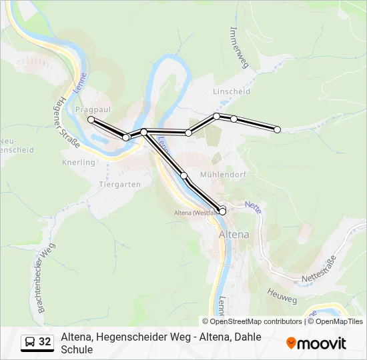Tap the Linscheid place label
point(231,91)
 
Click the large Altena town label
point(234,235)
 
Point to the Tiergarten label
point(119,184)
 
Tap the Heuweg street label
point(282,296)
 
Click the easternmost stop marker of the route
point(278,129)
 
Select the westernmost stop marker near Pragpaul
point(91,119)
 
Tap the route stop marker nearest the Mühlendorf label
point(184,175)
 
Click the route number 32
point(45,342)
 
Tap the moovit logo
point(316,343)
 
